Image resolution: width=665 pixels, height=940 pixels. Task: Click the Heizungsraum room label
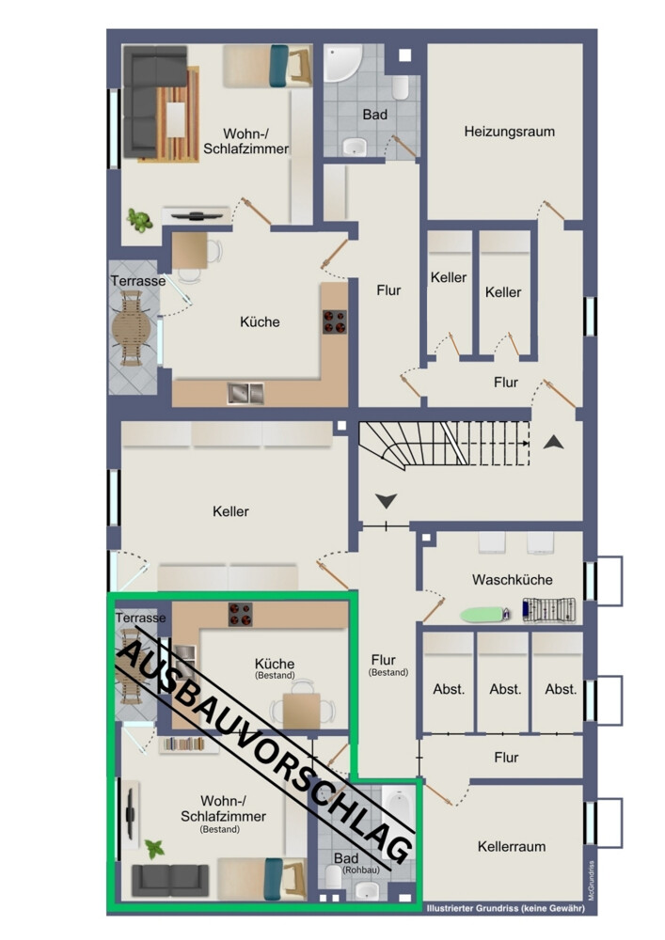[x=509, y=132]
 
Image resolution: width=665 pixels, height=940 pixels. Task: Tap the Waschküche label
[x=512, y=580]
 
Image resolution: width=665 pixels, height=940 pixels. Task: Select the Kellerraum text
[x=512, y=847]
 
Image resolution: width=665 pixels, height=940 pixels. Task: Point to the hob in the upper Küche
[x=334, y=321]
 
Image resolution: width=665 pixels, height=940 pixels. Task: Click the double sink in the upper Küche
[x=245, y=393]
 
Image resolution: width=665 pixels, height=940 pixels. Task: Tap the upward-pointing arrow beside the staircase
[x=553, y=443]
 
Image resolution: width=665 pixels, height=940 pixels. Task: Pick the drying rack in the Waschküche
[x=548, y=610]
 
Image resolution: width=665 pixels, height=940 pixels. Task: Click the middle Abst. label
[x=505, y=689]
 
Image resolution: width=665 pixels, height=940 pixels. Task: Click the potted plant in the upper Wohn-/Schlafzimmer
[x=140, y=220]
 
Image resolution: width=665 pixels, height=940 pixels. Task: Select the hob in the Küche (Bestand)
[x=240, y=615]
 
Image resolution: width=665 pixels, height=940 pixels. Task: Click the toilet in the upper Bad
[x=401, y=87]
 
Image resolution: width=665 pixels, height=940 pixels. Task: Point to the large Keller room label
[x=230, y=511]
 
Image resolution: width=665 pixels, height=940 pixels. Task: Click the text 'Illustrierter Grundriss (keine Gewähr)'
[x=505, y=908]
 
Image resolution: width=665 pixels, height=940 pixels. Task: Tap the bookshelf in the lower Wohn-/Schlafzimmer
[x=188, y=745]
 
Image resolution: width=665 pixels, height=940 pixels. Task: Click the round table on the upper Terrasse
[x=131, y=328]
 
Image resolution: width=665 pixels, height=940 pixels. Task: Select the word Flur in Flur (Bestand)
[x=383, y=660]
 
